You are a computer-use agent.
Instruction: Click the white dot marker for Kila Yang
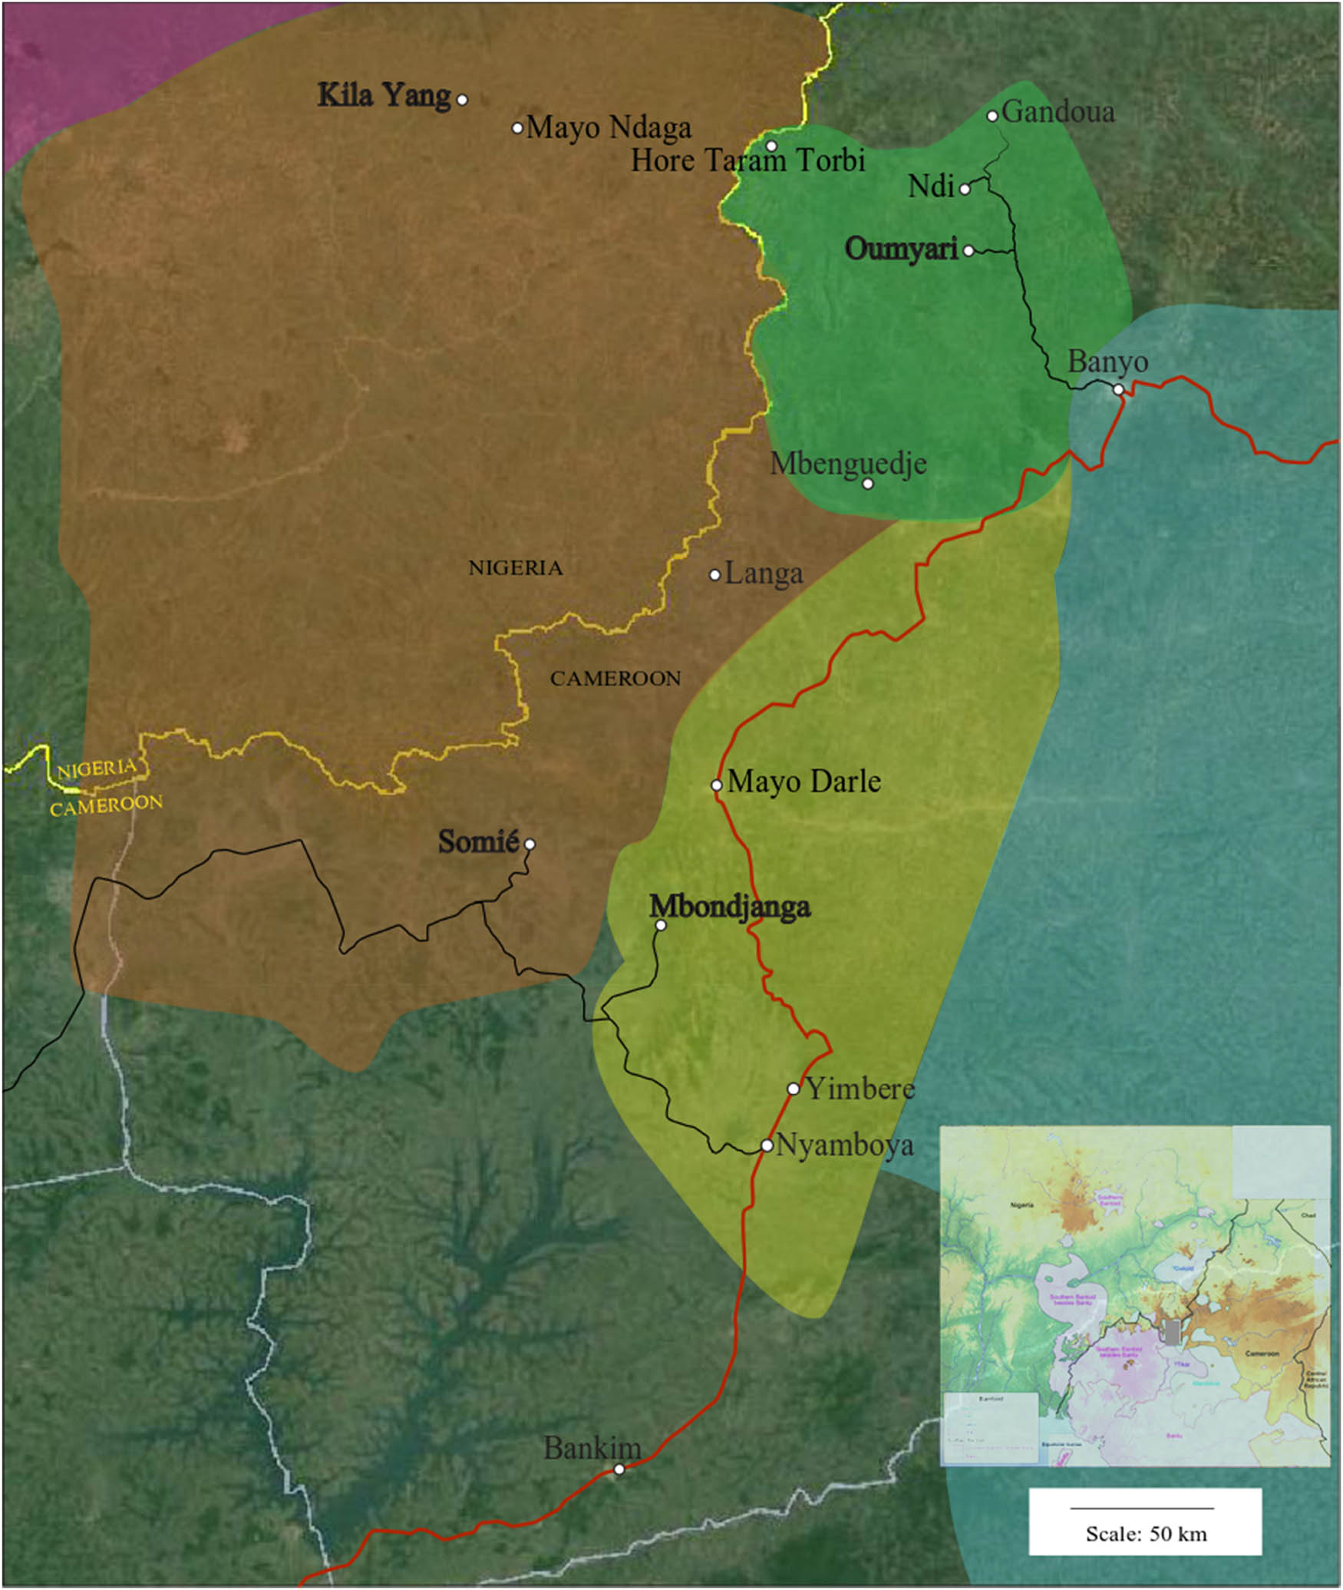pos(462,100)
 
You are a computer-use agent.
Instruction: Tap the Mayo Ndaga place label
pos(608,127)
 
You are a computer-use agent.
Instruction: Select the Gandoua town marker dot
pos(992,116)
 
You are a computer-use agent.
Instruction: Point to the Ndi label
pos(931,186)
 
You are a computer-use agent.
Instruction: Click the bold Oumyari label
pos(901,249)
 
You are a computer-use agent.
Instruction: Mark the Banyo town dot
pos(1118,390)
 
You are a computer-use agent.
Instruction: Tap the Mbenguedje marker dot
pos(868,484)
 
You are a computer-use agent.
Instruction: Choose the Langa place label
pos(764,574)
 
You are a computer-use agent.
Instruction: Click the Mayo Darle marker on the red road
pos(716,785)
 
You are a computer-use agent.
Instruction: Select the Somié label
pos(478,841)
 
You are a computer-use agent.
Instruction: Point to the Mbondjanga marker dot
pos(661,925)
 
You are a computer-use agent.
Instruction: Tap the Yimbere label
pos(860,1088)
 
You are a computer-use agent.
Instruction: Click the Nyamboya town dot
pos(767,1145)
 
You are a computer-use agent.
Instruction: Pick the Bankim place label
pos(592,1448)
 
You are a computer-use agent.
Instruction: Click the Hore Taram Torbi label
pos(747,160)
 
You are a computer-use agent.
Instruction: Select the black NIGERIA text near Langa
pos(516,568)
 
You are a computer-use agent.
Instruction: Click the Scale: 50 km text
pos(1146,1534)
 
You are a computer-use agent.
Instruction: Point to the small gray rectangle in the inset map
pos(1171,1331)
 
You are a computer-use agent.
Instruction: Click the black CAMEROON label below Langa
pos(615,679)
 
